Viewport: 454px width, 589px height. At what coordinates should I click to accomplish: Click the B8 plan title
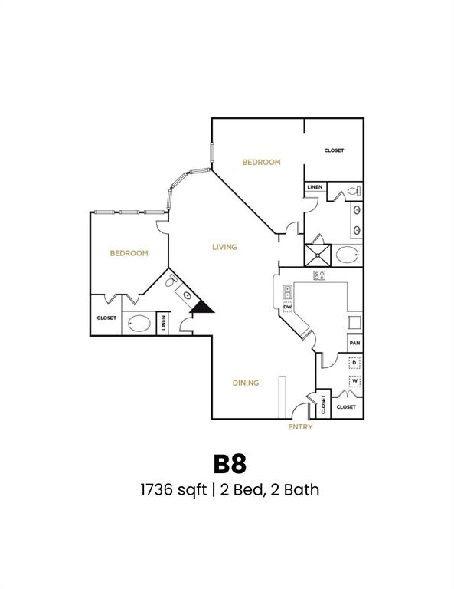point(229,463)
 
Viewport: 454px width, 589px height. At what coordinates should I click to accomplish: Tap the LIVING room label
point(224,247)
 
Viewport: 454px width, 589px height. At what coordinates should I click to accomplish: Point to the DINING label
point(246,383)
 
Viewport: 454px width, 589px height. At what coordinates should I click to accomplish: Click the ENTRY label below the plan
point(300,427)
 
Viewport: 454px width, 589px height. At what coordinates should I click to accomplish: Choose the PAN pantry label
point(354,344)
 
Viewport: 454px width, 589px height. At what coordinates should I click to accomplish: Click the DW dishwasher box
point(288,308)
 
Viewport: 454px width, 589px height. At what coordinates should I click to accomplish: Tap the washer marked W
point(354,381)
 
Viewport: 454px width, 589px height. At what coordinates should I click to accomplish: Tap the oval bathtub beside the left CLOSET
point(139,324)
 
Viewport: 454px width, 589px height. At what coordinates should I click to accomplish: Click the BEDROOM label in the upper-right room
point(261,162)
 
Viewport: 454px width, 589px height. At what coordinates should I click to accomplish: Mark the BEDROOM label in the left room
point(129,253)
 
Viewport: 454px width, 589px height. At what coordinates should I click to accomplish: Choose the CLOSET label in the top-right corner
point(334,150)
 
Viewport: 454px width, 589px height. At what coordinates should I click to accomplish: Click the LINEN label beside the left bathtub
point(163,324)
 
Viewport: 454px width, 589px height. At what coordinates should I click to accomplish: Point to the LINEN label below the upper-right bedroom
point(315,187)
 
